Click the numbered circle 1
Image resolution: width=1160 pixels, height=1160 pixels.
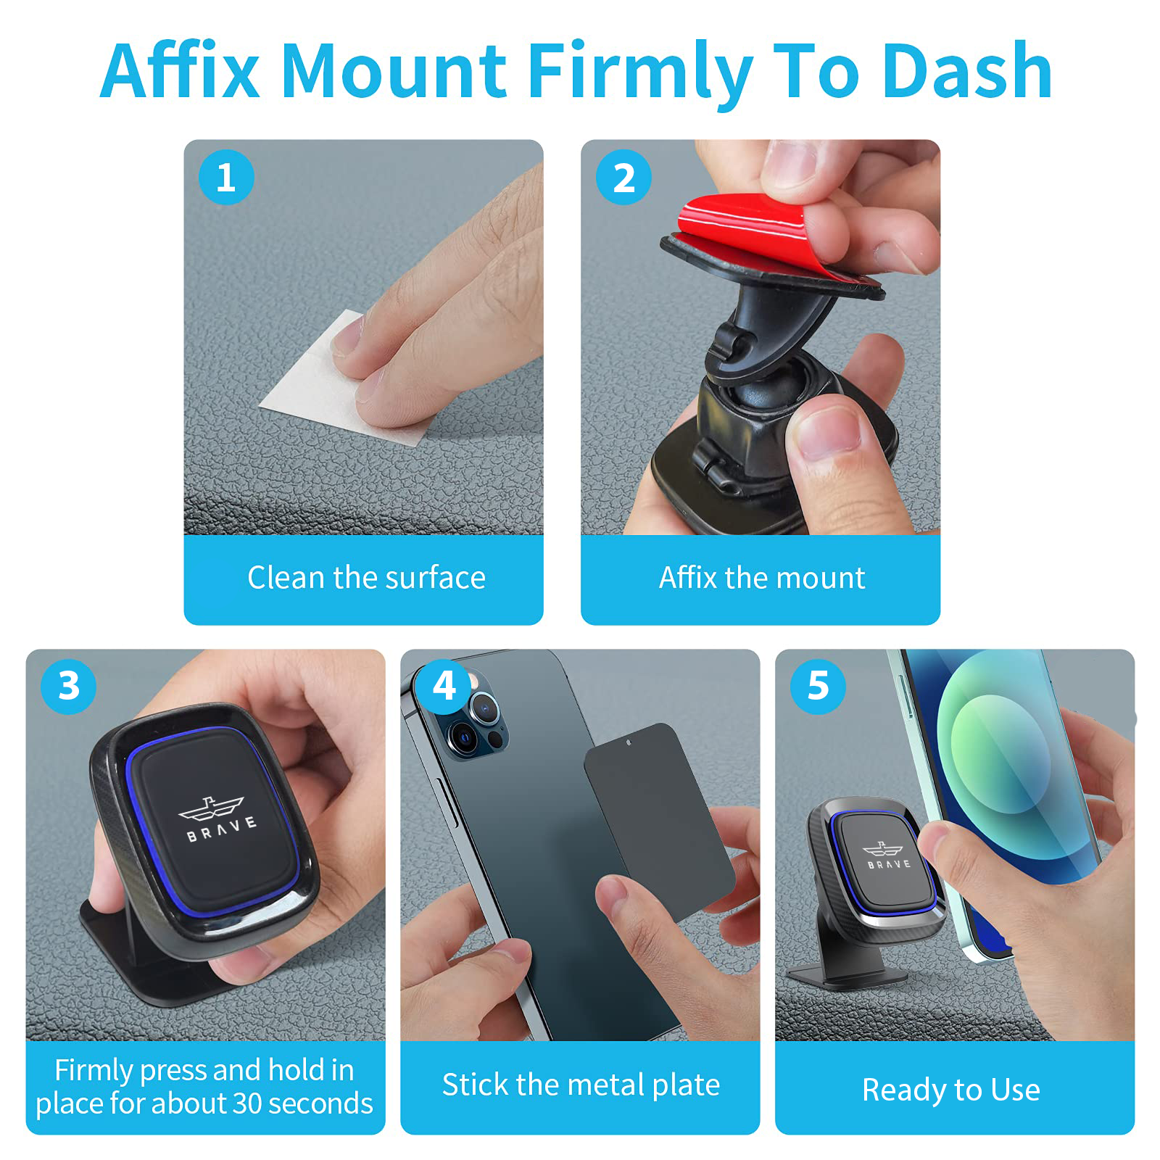click(x=226, y=178)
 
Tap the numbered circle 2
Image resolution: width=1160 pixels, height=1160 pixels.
click(x=623, y=178)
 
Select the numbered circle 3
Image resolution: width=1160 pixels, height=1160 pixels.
click(x=69, y=686)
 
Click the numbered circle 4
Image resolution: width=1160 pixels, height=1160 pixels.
click(x=444, y=686)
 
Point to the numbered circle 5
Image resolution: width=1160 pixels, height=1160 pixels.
click(x=819, y=686)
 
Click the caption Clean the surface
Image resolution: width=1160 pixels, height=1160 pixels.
click(x=366, y=578)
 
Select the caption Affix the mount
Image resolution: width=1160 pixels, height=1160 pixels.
click(x=762, y=578)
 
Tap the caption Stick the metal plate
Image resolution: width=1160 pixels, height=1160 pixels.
click(x=581, y=1085)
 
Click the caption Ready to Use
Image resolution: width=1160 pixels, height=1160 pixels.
click(x=951, y=1090)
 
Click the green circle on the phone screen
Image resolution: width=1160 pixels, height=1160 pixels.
click(x=1000, y=754)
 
